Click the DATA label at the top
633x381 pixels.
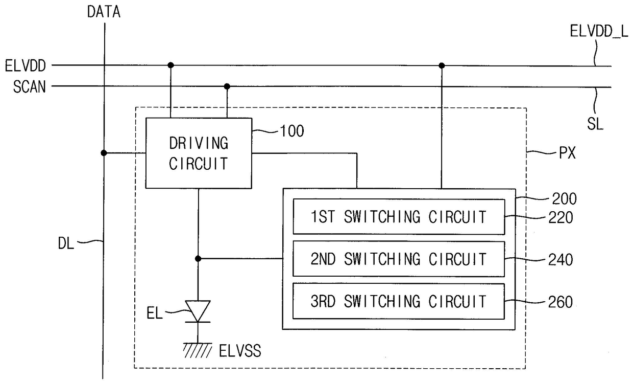[x=104, y=12]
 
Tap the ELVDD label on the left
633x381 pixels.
[x=26, y=66]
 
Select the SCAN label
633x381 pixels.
[x=30, y=86]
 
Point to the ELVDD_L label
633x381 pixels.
[x=599, y=31]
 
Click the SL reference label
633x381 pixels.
[x=595, y=124]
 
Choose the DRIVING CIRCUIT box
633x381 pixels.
[x=199, y=153]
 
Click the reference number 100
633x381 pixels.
[x=292, y=131]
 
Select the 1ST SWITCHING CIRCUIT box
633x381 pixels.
[x=399, y=217]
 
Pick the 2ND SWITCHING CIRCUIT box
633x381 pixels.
[x=399, y=259]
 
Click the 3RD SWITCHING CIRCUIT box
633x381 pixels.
[x=399, y=301]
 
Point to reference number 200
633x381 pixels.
[x=564, y=199]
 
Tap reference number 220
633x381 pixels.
[x=561, y=218]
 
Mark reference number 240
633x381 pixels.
[x=561, y=260]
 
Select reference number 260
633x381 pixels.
[x=561, y=302]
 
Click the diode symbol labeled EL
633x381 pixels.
[x=198, y=311]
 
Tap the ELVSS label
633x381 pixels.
[x=240, y=351]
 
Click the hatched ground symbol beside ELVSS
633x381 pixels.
[x=198, y=350]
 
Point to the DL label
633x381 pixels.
[x=66, y=243]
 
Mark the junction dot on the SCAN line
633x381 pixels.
[x=227, y=86]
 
